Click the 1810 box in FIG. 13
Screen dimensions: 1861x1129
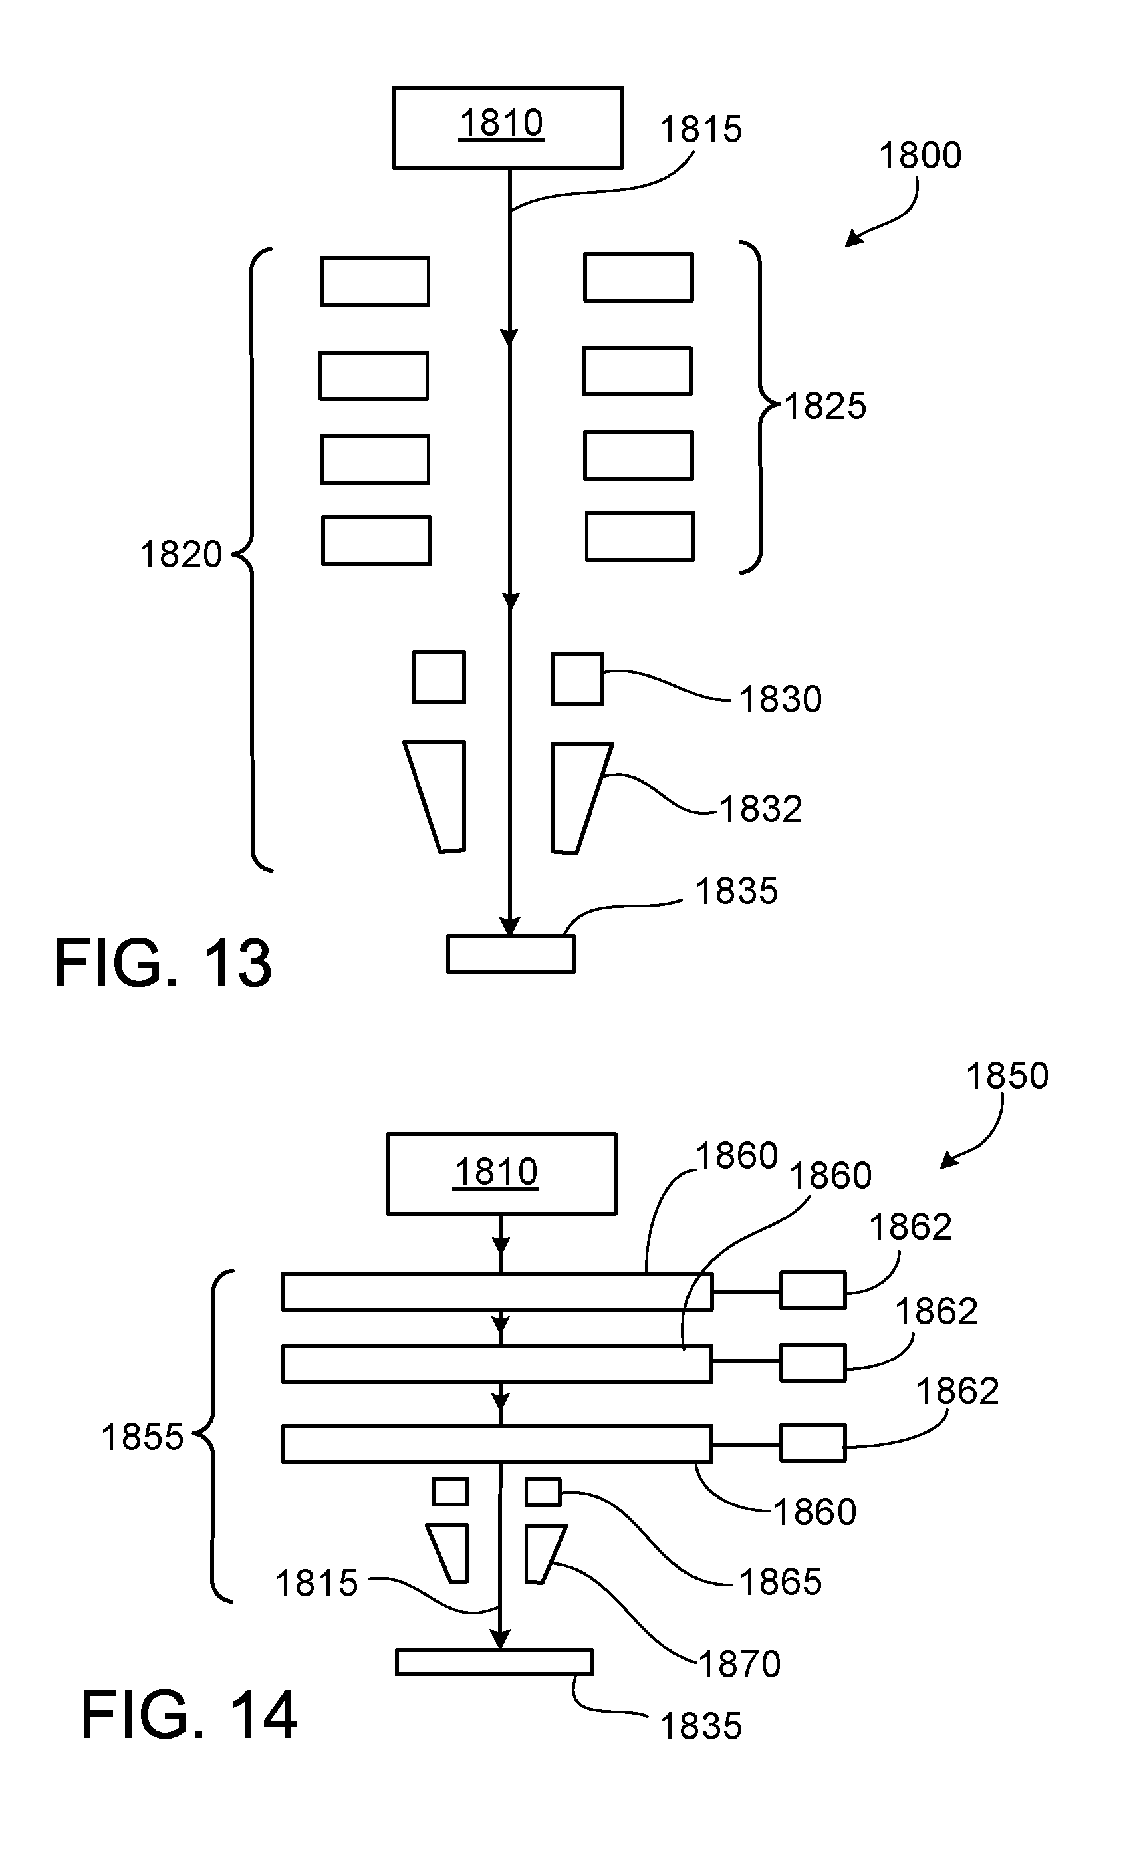click(x=507, y=127)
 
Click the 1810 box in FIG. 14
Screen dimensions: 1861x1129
click(x=501, y=1174)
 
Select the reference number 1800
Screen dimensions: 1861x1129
click(x=920, y=156)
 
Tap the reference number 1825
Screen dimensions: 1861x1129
click(x=825, y=406)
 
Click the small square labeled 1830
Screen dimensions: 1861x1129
click(x=577, y=678)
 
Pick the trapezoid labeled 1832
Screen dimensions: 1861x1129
click(x=578, y=797)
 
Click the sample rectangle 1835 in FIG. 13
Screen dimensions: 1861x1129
click(x=511, y=954)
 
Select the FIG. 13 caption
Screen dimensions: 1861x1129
click(x=163, y=963)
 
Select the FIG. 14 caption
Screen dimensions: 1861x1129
click(x=189, y=1716)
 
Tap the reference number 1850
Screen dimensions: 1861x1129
click(x=1007, y=1075)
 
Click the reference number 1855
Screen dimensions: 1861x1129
click(x=142, y=1437)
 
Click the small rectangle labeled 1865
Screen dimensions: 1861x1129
click(x=543, y=1493)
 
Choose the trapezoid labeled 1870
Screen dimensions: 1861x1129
click(x=544, y=1553)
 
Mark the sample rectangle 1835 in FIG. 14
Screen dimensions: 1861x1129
click(x=494, y=1662)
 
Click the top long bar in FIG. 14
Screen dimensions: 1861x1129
click(x=497, y=1292)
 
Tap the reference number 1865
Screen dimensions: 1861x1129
click(x=780, y=1582)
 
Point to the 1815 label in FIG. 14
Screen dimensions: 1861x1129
click(x=316, y=1584)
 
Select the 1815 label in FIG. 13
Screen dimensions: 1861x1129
click(x=701, y=130)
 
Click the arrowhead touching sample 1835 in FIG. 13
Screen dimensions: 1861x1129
click(x=511, y=926)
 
